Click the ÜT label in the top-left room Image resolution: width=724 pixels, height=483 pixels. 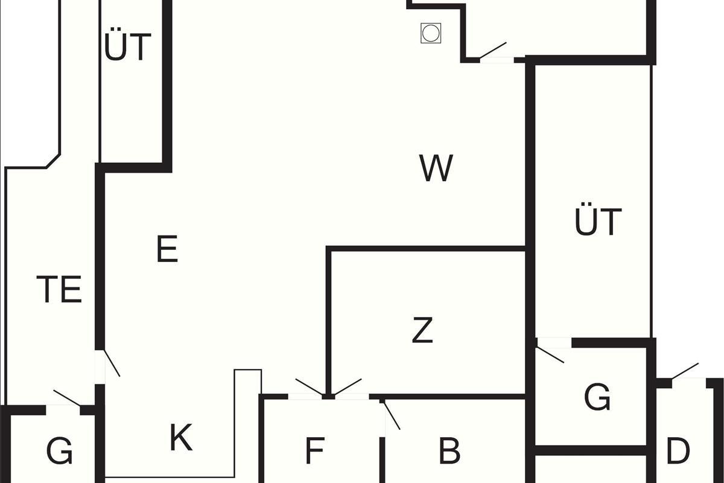point(127,47)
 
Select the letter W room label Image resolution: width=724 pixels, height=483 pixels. point(436,168)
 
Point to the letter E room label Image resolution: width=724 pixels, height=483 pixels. point(167,249)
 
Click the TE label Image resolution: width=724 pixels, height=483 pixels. point(59,290)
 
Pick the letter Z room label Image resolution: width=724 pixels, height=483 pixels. point(422,330)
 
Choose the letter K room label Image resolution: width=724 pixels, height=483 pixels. point(181,438)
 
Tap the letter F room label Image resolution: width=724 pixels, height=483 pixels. point(315,450)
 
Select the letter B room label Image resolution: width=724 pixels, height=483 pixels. point(449,450)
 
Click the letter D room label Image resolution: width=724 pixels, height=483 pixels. point(678,450)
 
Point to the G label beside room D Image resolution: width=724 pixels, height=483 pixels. point(597,397)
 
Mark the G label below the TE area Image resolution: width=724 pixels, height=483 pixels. point(59,450)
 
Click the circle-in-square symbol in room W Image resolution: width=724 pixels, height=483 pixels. point(430,33)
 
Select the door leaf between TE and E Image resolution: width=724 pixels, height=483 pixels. point(112,363)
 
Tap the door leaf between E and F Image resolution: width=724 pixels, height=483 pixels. point(309,387)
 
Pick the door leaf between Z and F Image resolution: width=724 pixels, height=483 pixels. point(348,387)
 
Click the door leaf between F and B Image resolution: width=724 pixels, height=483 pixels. point(392,415)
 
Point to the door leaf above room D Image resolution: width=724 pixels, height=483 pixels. point(685,371)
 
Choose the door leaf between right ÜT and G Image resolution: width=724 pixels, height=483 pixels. point(550,355)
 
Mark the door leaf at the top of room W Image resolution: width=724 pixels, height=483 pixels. point(492,50)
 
